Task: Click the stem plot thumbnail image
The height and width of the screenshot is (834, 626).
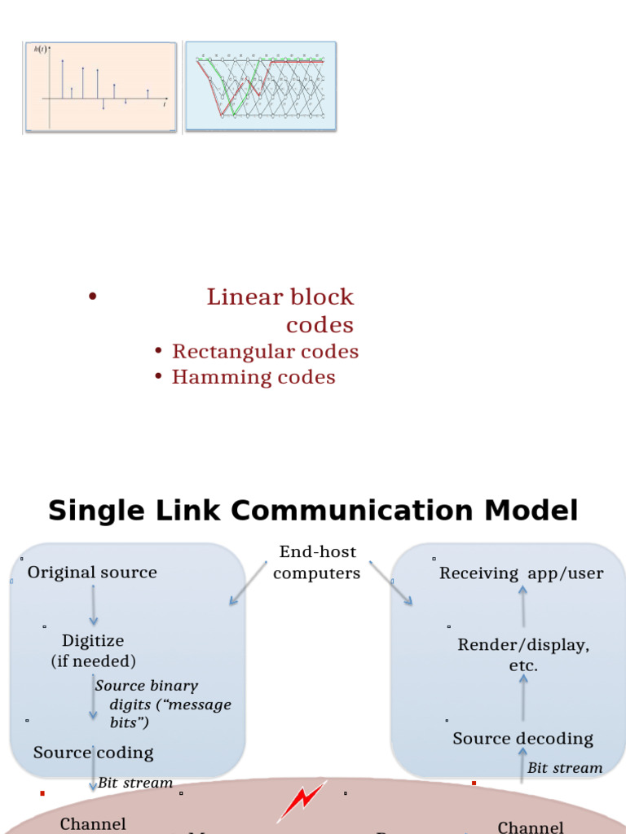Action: [99, 86]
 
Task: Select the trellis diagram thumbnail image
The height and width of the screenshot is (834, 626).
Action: [261, 86]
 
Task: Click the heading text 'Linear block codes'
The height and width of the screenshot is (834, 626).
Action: [280, 310]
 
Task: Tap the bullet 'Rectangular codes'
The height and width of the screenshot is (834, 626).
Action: [265, 352]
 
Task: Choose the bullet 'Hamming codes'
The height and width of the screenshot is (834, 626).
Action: [253, 377]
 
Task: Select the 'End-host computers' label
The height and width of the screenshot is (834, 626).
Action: [317, 563]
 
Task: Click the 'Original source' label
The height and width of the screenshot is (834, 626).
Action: [92, 573]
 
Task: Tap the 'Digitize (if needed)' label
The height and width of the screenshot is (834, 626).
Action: [93, 651]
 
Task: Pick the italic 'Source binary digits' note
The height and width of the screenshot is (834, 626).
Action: [163, 704]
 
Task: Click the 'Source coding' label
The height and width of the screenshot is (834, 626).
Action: [93, 753]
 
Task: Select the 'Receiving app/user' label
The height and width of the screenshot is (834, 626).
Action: [522, 573]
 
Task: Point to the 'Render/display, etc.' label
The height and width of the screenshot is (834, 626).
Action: [523, 655]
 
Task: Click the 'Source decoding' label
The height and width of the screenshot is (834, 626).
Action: [523, 739]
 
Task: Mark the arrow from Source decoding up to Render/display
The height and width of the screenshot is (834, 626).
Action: [523, 697]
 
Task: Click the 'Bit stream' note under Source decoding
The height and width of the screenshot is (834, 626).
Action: [565, 768]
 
